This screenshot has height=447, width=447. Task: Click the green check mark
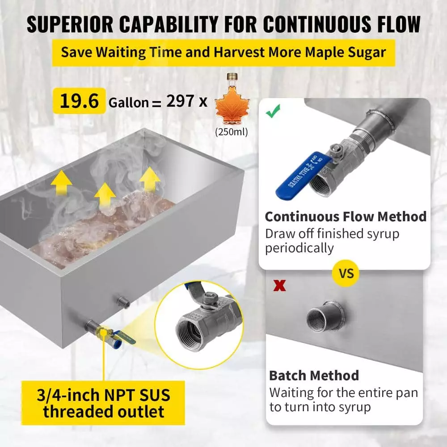pyautogui.click(x=273, y=111)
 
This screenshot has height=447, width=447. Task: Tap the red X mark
pyautogui.click(x=279, y=285)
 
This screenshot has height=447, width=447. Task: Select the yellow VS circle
pyautogui.click(x=346, y=274)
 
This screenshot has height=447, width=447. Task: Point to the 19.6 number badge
pyautogui.click(x=79, y=101)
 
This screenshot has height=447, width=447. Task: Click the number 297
pyautogui.click(x=180, y=101)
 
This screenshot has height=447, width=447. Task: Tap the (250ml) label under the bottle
pyautogui.click(x=232, y=132)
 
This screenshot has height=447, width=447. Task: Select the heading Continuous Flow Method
pyautogui.click(x=346, y=217)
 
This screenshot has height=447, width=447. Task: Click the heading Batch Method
pyautogui.click(x=314, y=375)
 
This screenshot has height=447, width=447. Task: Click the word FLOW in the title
pyautogui.click(x=399, y=24)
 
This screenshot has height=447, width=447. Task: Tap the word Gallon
pyautogui.click(x=129, y=103)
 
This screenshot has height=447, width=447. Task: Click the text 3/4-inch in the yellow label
pyautogui.click(x=68, y=395)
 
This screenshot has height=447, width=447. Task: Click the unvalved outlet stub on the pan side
pyautogui.click(x=123, y=302)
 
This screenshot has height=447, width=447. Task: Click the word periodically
pyautogui.click(x=299, y=248)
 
